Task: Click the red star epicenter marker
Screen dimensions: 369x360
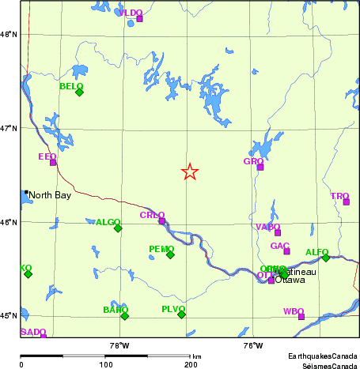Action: pos(190,171)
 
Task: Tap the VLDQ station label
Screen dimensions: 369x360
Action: pos(131,13)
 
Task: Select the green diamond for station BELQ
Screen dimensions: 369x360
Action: pos(79,92)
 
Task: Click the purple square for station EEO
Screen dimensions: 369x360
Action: pos(53,162)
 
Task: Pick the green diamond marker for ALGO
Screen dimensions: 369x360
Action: pos(118,228)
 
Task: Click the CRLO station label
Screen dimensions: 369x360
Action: pos(152,215)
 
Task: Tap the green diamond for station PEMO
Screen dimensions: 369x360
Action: pos(170,254)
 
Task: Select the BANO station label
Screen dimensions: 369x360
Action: pos(115,310)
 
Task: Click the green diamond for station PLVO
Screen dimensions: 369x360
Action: pos(181,314)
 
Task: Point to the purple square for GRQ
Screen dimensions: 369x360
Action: pos(260,167)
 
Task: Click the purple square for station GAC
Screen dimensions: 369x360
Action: pos(286,251)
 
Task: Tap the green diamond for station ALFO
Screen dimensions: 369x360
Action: pos(326,258)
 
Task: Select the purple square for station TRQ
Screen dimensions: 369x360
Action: pos(347,201)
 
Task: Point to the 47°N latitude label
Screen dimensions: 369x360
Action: pos(9,128)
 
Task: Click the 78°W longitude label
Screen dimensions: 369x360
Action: pos(119,345)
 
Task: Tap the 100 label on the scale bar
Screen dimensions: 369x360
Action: pos(105,364)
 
